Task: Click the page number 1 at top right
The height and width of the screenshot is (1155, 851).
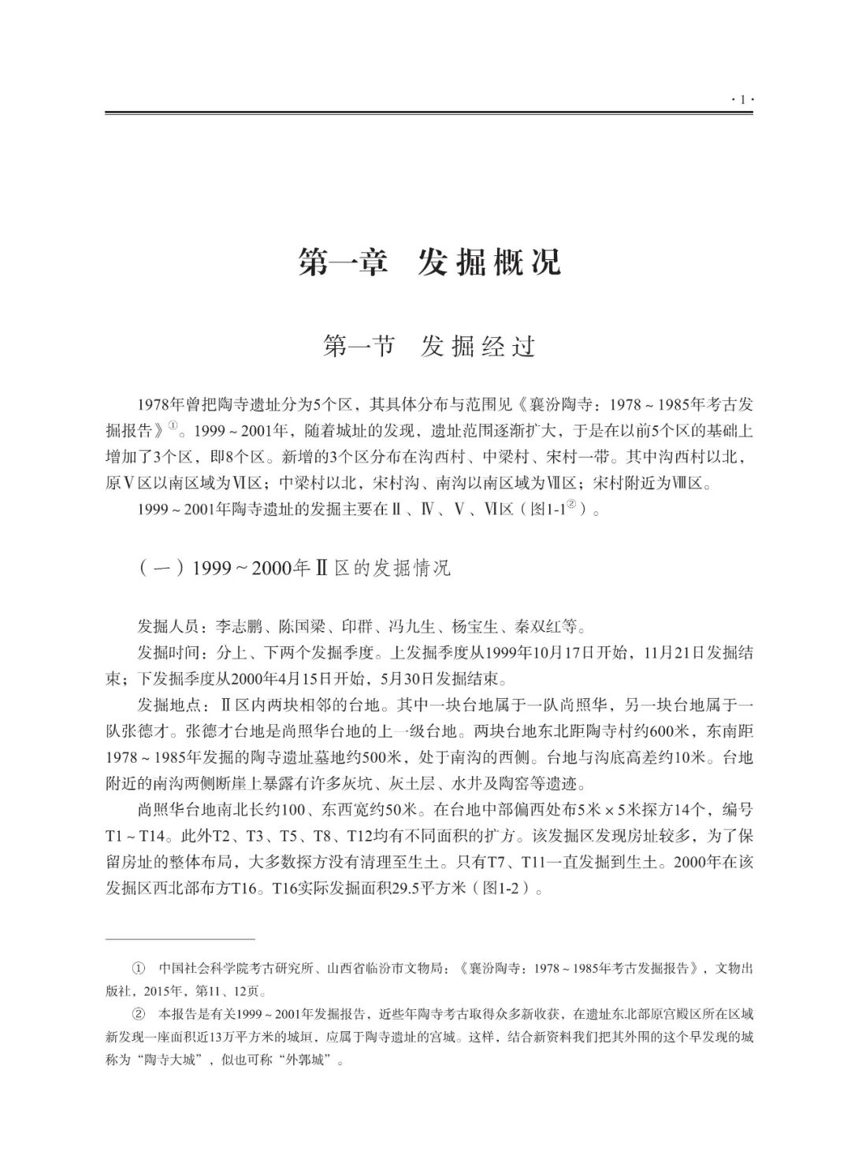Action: point(742,99)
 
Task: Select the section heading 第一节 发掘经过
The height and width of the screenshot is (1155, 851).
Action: point(429,347)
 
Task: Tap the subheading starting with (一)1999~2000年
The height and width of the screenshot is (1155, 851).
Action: point(295,568)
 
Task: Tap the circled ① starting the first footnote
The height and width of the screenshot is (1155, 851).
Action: point(140,968)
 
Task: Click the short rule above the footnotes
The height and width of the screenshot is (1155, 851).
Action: point(180,939)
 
